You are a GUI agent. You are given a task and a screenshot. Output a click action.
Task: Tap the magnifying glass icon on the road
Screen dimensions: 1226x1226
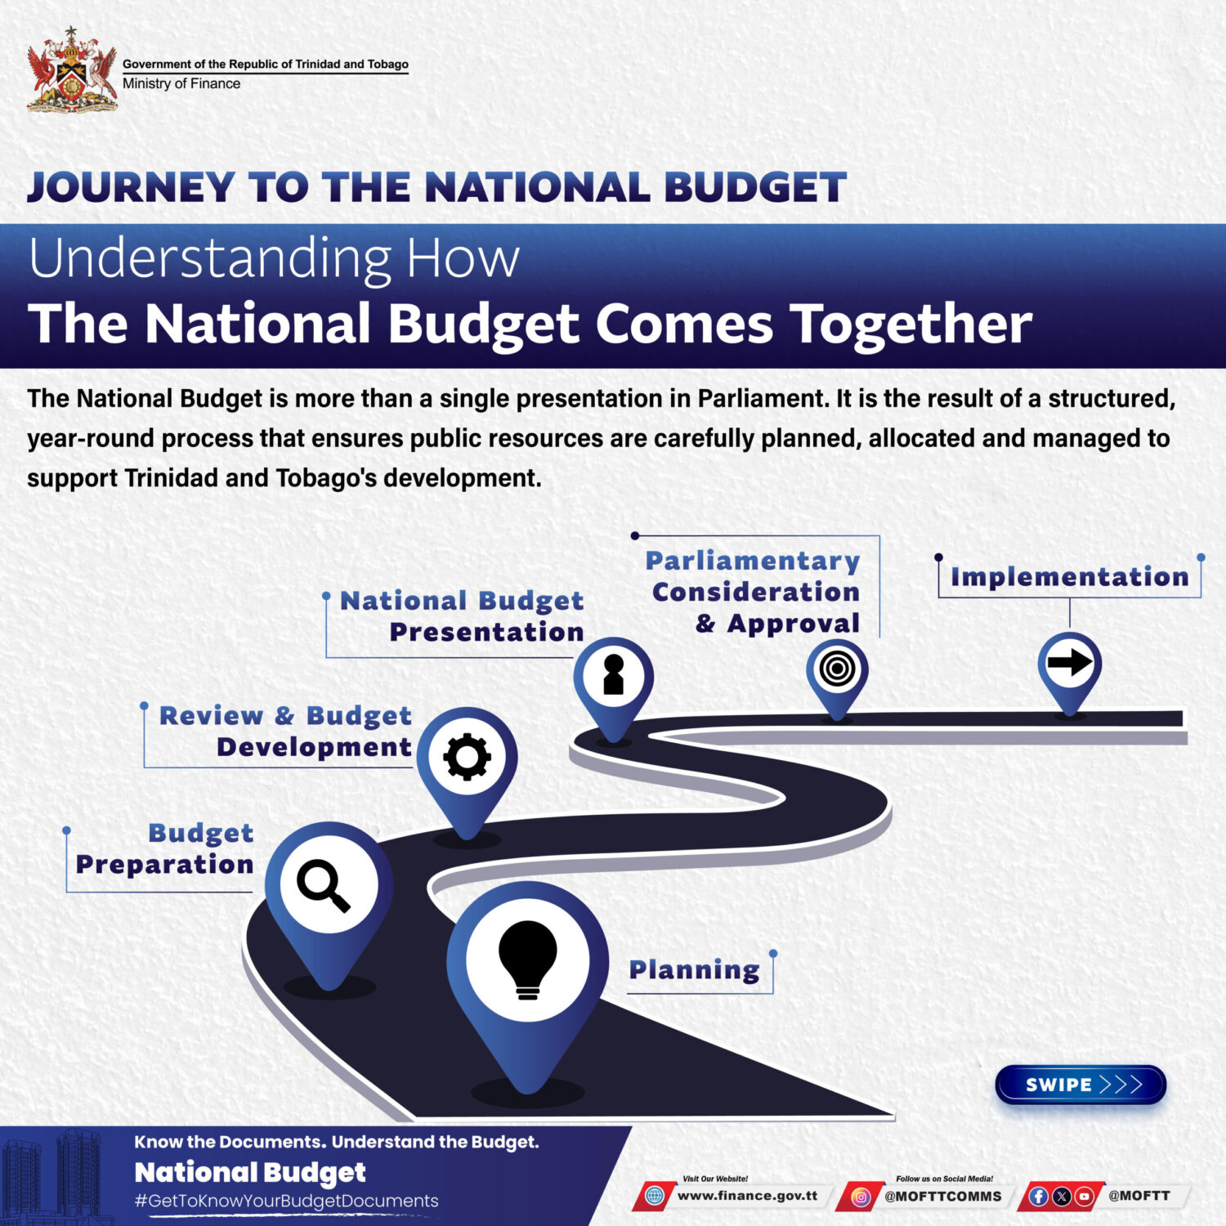point(324,886)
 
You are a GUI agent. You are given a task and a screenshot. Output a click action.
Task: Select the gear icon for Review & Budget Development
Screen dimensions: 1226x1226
point(468,757)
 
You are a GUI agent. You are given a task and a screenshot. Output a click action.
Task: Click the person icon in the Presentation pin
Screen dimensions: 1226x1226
point(614,674)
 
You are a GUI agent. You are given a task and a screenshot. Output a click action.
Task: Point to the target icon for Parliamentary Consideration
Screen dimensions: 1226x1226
point(837,669)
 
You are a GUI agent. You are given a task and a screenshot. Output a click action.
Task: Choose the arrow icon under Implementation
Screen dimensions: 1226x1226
point(1070,661)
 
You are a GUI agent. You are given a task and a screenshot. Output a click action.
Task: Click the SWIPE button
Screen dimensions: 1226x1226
point(1081,1085)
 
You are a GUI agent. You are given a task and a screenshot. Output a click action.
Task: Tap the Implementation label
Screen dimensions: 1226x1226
point(1069,577)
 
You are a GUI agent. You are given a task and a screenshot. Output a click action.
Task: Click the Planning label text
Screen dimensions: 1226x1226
point(695,970)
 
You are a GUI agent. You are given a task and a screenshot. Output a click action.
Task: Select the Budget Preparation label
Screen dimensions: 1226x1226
point(164,848)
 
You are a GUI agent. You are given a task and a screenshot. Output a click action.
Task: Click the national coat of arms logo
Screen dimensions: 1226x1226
point(72,70)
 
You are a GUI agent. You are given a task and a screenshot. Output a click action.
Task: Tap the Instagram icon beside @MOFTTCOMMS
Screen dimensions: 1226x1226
point(861,1197)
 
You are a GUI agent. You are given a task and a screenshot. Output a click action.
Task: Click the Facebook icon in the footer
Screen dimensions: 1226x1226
point(1039,1197)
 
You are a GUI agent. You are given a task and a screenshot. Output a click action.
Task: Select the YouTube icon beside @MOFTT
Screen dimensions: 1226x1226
point(1085,1197)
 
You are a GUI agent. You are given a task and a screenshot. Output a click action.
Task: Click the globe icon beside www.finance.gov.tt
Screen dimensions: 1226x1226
point(655,1197)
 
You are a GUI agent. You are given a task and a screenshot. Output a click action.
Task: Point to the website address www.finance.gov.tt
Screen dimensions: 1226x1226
point(748,1196)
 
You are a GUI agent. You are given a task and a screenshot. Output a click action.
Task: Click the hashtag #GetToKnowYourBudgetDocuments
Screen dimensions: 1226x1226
point(286,1201)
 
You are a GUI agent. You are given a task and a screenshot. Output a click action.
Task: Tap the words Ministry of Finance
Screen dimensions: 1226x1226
point(181,83)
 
